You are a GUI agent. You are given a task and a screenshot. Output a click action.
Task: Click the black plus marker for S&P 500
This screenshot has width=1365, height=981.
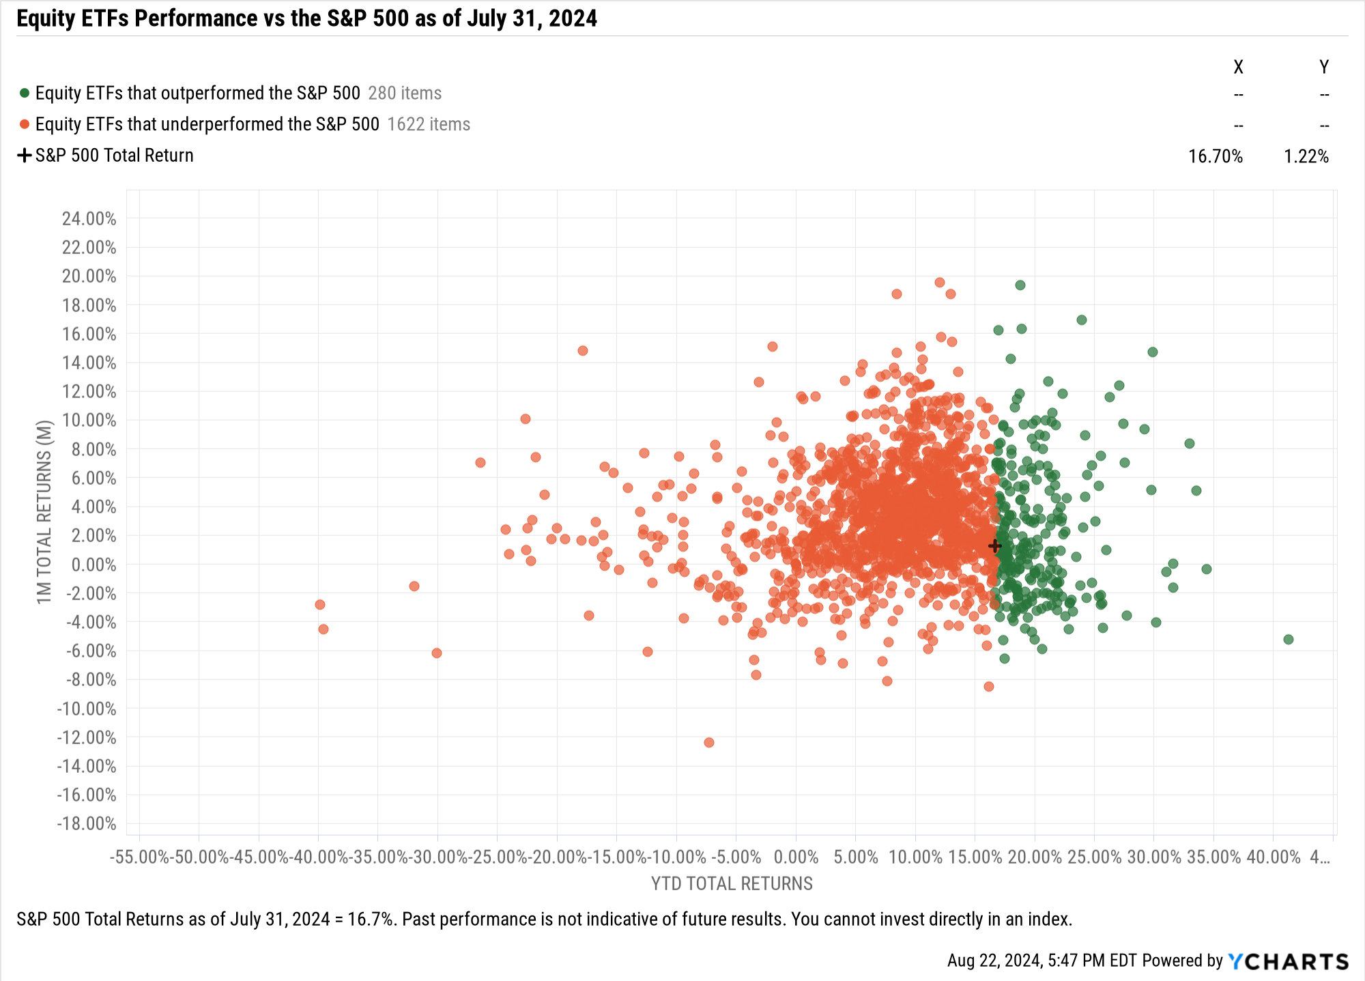(x=994, y=546)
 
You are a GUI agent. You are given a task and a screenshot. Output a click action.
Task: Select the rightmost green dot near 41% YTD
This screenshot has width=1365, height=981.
(x=1288, y=640)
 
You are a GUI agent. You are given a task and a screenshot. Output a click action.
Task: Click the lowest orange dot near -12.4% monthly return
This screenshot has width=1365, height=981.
(x=709, y=743)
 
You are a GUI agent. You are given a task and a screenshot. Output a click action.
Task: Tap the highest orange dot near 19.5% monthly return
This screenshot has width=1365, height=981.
(x=940, y=283)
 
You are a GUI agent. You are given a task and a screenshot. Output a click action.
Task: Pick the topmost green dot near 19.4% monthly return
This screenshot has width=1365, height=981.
(x=1020, y=285)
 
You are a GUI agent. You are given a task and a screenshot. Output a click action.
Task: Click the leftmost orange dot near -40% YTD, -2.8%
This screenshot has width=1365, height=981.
(x=320, y=605)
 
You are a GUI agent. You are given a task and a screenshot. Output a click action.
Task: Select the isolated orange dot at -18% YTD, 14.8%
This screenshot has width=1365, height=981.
(x=583, y=351)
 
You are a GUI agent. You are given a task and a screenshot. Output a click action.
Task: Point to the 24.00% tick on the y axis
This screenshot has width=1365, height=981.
(x=89, y=219)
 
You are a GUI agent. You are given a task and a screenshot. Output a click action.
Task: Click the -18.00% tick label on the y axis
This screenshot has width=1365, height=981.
(x=87, y=824)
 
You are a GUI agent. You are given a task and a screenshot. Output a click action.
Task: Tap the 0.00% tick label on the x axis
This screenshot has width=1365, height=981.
(x=796, y=857)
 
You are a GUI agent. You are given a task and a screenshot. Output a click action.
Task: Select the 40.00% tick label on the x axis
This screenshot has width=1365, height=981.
(x=1273, y=857)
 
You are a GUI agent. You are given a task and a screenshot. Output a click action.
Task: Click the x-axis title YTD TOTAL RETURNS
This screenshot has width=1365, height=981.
(x=732, y=884)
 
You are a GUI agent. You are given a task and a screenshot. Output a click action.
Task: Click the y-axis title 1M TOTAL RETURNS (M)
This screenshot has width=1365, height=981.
(x=44, y=512)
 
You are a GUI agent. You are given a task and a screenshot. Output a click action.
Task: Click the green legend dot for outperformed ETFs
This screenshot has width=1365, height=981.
(x=25, y=93)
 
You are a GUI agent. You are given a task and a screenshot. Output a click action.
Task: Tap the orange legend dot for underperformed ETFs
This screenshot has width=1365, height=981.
(x=25, y=124)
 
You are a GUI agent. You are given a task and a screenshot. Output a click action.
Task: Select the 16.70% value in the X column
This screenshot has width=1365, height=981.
(x=1215, y=156)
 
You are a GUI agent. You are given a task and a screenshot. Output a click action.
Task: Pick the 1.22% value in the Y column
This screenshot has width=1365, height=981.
(x=1306, y=156)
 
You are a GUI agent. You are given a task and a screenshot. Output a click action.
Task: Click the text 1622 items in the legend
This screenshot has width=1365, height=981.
(x=429, y=124)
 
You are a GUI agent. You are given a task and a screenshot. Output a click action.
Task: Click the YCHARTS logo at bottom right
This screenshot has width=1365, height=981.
(x=1288, y=961)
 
